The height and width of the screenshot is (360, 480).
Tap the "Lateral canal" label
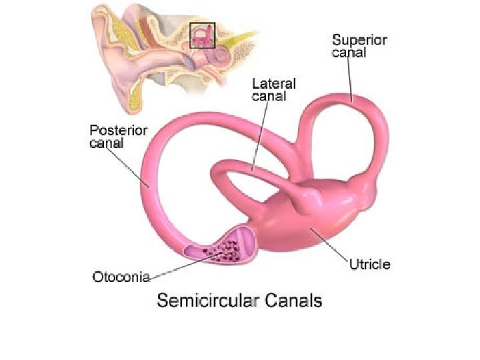click(x=274, y=90)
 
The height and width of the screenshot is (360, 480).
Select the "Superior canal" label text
click(x=359, y=45)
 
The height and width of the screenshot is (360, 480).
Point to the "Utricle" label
click(x=370, y=264)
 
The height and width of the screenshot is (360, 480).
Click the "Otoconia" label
click(x=121, y=275)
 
